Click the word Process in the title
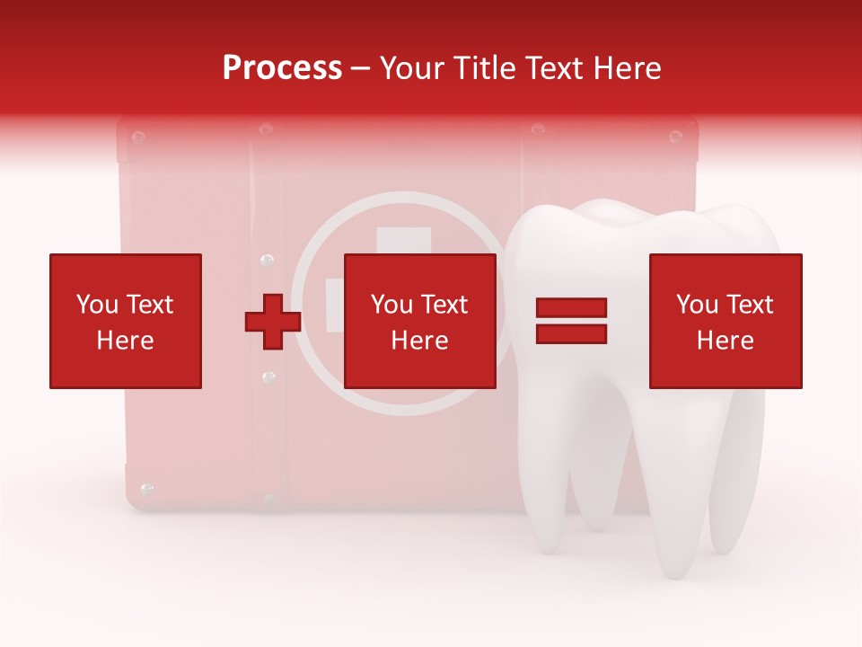pos(282,68)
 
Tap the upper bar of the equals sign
pos(571,308)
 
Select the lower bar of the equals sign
pos(571,334)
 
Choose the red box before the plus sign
pos(126,321)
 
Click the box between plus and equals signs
pos(420,321)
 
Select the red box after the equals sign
pos(726,321)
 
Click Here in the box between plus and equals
pos(420,341)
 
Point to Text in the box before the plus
pos(150,305)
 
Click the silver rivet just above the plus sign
pos(266,261)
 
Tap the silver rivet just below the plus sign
pos(268,377)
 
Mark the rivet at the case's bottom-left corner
pos(147,490)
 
